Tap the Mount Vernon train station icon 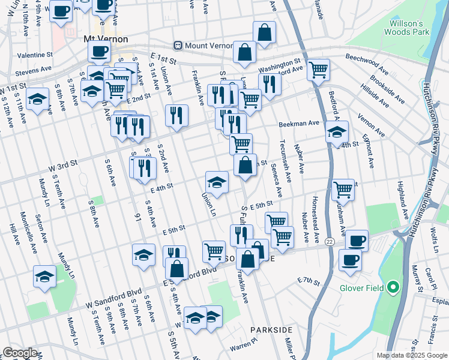point(178,46)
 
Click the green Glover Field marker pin point(393,288)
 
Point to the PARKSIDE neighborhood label point(271,330)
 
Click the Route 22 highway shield point(330,241)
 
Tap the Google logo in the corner point(20,353)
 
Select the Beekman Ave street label point(299,124)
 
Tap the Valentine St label point(35,55)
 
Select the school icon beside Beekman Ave point(337,131)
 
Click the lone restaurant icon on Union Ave point(176,115)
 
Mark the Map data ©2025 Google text point(411,355)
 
